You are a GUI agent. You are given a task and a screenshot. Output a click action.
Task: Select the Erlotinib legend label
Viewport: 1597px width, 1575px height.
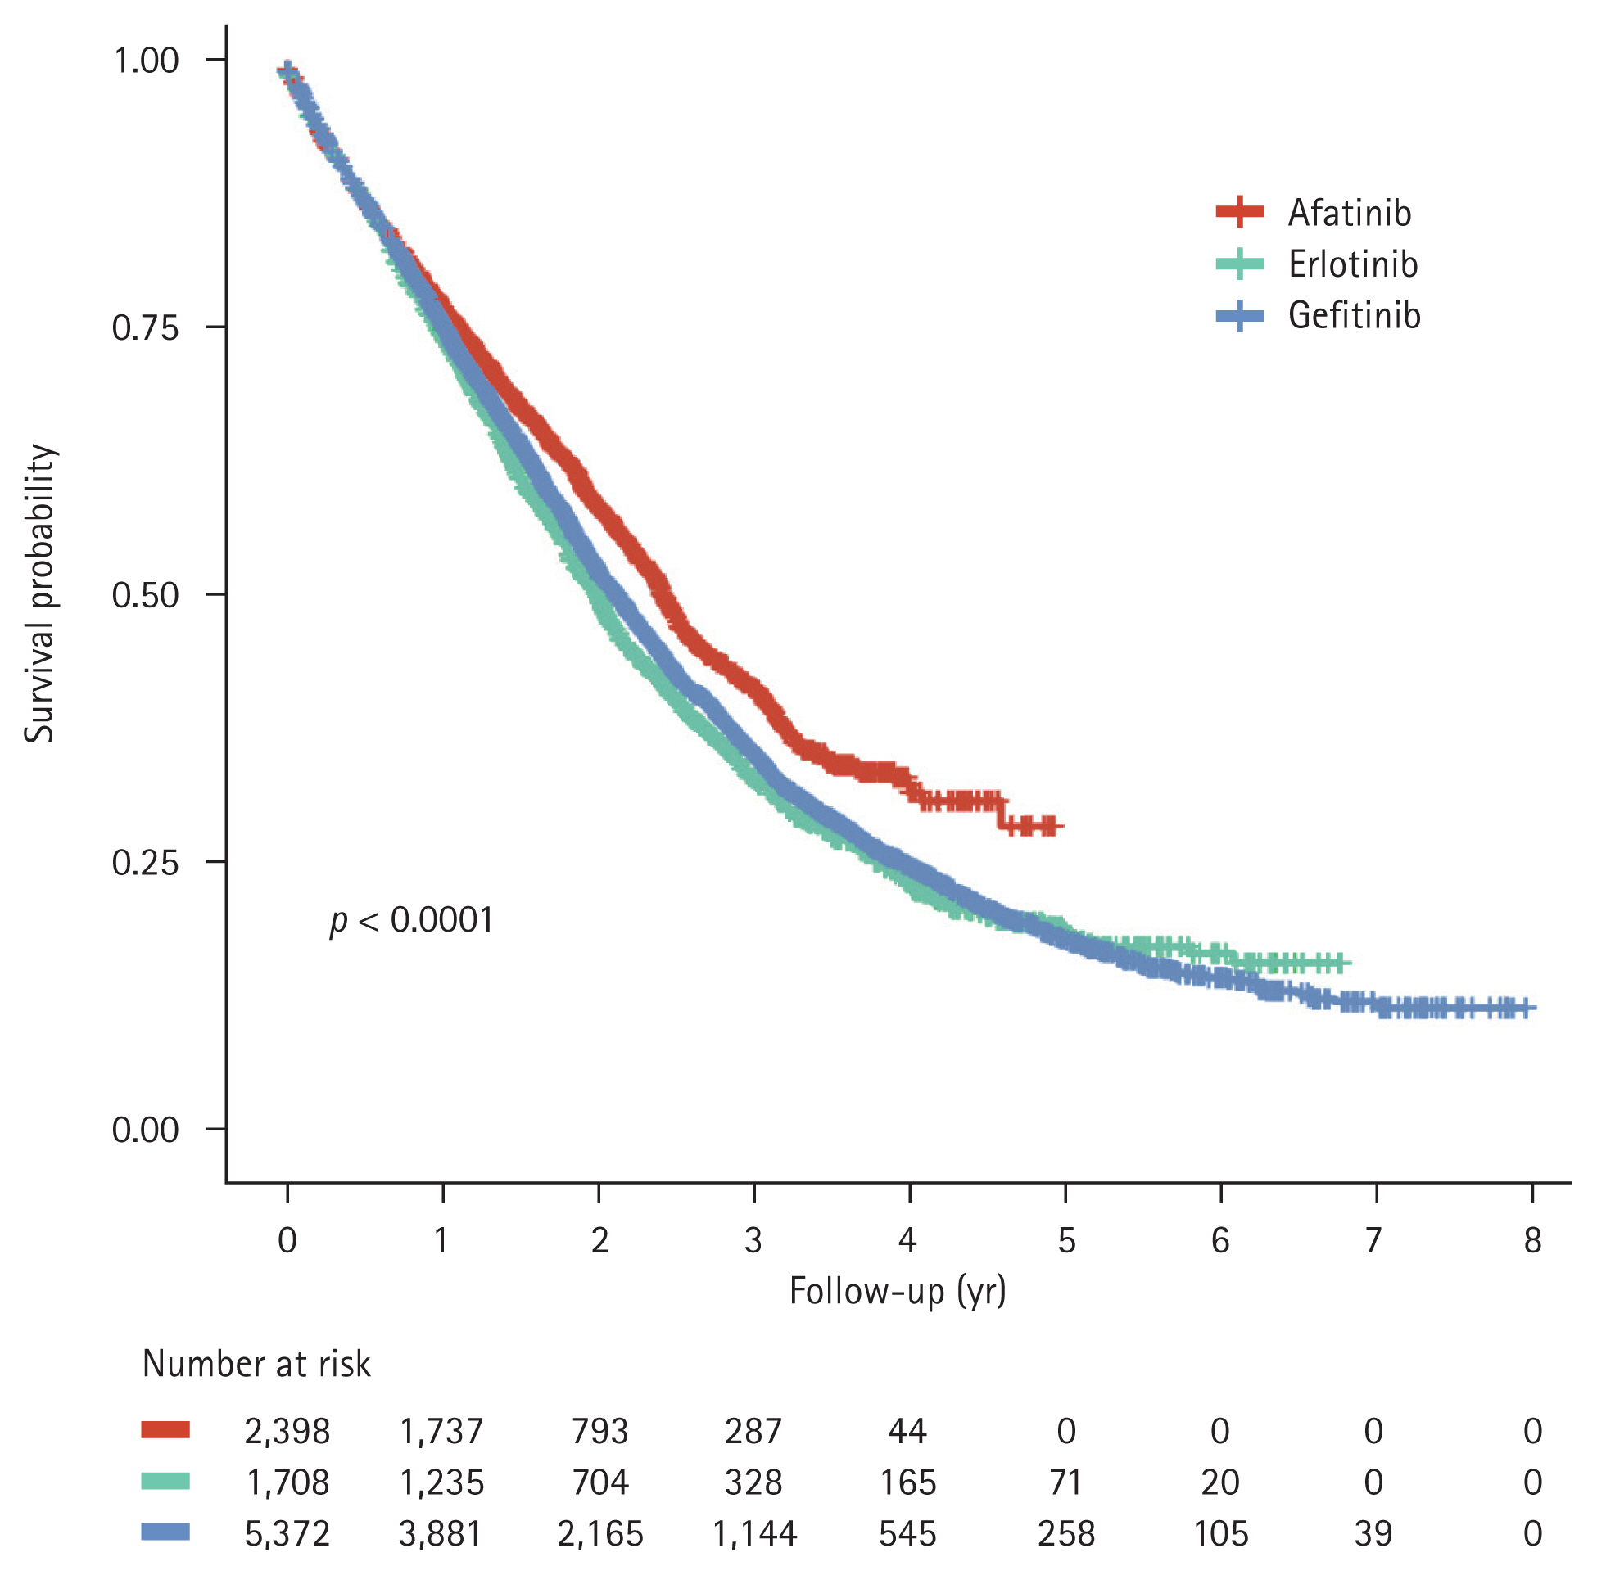(x=1352, y=264)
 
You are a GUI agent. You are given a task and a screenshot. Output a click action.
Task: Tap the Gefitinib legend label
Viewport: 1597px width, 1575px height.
(x=1354, y=316)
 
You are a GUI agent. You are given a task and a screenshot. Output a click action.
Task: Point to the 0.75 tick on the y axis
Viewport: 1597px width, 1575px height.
(x=146, y=328)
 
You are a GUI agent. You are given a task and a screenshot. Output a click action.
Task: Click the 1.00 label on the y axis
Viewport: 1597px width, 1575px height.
(x=146, y=61)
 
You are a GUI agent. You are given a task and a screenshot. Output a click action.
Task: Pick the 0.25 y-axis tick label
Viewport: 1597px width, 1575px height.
(x=146, y=862)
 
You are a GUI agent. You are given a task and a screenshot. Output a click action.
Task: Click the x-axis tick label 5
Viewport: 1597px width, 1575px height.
(x=1065, y=1240)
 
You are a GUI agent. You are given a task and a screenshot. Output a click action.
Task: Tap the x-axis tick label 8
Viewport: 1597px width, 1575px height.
(x=1531, y=1240)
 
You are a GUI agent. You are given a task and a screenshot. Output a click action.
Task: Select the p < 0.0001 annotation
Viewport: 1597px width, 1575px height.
(x=412, y=920)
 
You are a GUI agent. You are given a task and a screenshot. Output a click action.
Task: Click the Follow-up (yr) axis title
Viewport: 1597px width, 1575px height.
(x=898, y=1291)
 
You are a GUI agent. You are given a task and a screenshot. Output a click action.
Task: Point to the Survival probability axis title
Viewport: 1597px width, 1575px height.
(x=38, y=593)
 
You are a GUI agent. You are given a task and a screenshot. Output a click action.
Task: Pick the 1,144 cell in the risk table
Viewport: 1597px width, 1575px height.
(x=753, y=1534)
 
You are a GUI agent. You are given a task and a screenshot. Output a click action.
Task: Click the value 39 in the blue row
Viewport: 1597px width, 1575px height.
(x=1373, y=1534)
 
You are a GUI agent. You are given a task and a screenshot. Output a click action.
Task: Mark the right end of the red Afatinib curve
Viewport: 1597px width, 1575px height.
(x=1061, y=825)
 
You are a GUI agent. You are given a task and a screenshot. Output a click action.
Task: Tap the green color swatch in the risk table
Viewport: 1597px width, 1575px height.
(x=165, y=1482)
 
